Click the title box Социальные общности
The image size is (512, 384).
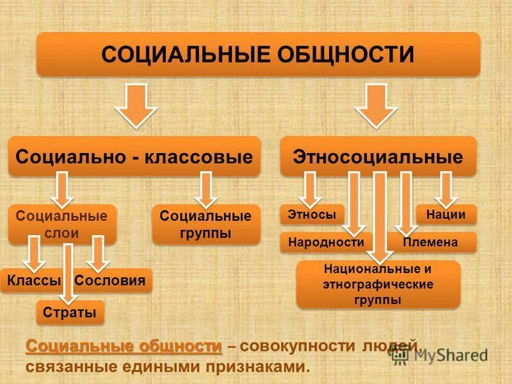pos(258,54)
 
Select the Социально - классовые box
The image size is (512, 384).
pos(134,156)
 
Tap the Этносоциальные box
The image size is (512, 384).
pos(378,156)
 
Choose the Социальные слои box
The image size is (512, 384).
pos(62,224)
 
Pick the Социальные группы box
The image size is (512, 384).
pos(206,224)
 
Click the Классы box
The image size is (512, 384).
pos(33,280)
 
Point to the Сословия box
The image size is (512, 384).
pos(113,280)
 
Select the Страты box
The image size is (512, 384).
pos(70,312)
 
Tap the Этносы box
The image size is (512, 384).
pos(312,214)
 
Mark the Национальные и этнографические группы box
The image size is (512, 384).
pos(378,284)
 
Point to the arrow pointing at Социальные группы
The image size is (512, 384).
pos(206,189)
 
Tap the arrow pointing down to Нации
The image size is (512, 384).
pos(446,189)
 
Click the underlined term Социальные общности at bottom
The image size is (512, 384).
pos(124,346)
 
